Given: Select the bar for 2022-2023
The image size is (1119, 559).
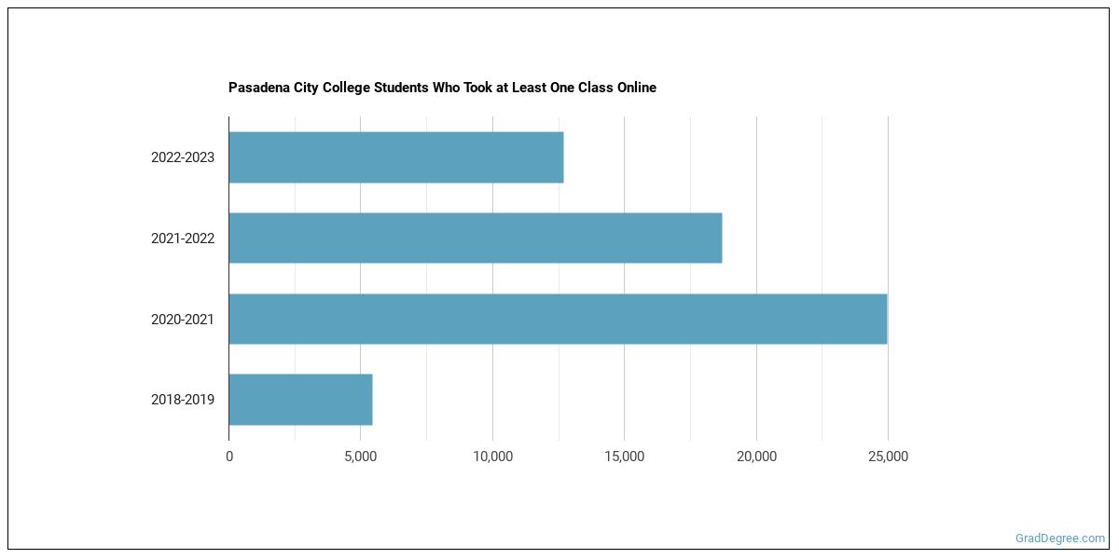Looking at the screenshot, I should point(395,157).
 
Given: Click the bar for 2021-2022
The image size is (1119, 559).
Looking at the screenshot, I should point(475,239).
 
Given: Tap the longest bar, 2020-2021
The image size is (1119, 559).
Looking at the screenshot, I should point(558,319).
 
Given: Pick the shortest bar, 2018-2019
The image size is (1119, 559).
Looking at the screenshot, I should point(300,400).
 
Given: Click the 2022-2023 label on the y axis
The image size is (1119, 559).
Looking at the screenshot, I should point(183,157).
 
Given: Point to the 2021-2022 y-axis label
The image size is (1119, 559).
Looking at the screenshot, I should point(183,239).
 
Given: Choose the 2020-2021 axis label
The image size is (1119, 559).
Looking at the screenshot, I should point(183,319).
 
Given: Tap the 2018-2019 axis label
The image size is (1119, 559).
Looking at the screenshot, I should point(183,400).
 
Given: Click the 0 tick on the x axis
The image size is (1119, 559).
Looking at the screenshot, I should point(229,457).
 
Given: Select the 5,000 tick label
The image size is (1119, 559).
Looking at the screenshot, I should point(360,457).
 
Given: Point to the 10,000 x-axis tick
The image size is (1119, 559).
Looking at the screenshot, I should point(492,457).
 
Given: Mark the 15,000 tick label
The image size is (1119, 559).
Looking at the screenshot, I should point(624,457).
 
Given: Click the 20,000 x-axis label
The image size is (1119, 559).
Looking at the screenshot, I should point(756,457).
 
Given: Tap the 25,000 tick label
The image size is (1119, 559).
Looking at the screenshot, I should point(888,457).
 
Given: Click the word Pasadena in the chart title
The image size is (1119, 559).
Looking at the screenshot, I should point(258,88).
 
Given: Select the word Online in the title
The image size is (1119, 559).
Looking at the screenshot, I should point(634,88).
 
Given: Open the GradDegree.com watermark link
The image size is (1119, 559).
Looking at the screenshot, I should point(1060,539).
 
